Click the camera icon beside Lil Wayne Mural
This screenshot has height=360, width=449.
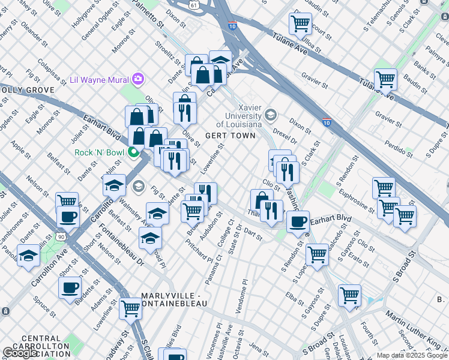(x=138, y=79)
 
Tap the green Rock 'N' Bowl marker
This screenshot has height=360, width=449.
(x=133, y=152)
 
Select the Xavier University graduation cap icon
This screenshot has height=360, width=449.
(x=271, y=114)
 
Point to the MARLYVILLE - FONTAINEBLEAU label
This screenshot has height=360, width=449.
(x=174, y=300)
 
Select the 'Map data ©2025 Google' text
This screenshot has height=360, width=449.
(x=412, y=355)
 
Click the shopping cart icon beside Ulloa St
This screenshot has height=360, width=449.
(x=300, y=24)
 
